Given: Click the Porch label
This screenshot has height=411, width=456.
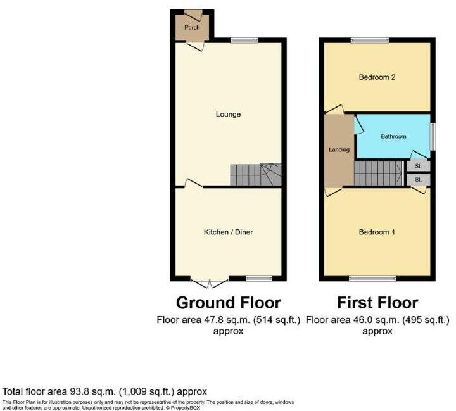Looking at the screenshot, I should (x=192, y=28).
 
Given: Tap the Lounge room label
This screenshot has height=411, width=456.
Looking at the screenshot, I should (x=228, y=115).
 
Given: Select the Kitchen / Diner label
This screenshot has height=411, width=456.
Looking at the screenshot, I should (x=228, y=232).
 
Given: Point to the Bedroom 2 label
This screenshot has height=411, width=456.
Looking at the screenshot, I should (x=377, y=77).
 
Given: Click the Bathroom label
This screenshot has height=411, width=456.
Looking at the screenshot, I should (x=393, y=136).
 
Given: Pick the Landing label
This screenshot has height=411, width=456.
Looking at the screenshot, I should (x=339, y=149).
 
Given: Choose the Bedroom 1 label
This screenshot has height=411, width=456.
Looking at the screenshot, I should (x=377, y=232).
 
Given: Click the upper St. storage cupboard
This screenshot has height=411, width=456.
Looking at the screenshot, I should (x=419, y=167).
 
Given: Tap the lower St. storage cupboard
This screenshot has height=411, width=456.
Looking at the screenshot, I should (x=419, y=180).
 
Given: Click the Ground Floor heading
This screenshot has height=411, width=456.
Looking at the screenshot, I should (x=228, y=302).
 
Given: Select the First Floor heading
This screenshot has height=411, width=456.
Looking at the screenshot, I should (x=377, y=302).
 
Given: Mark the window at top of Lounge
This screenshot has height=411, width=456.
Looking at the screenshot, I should (x=244, y=41).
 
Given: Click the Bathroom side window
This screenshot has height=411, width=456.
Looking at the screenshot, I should (x=433, y=136).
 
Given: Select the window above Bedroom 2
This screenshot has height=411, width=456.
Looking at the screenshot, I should (x=370, y=41).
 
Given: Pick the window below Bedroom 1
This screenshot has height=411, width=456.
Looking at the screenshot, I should (x=372, y=278).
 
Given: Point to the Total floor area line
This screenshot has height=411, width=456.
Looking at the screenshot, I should (x=104, y=391).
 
